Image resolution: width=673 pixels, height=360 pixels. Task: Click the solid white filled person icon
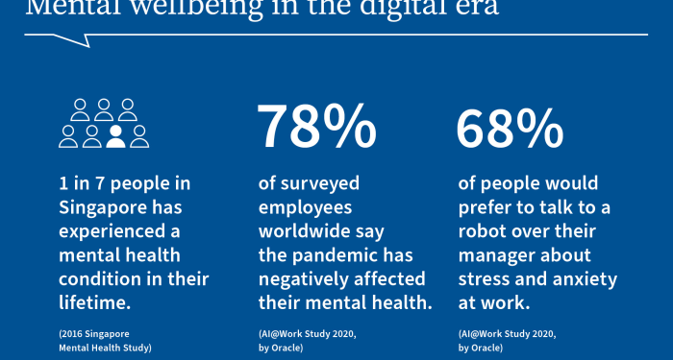pos(116,137)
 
